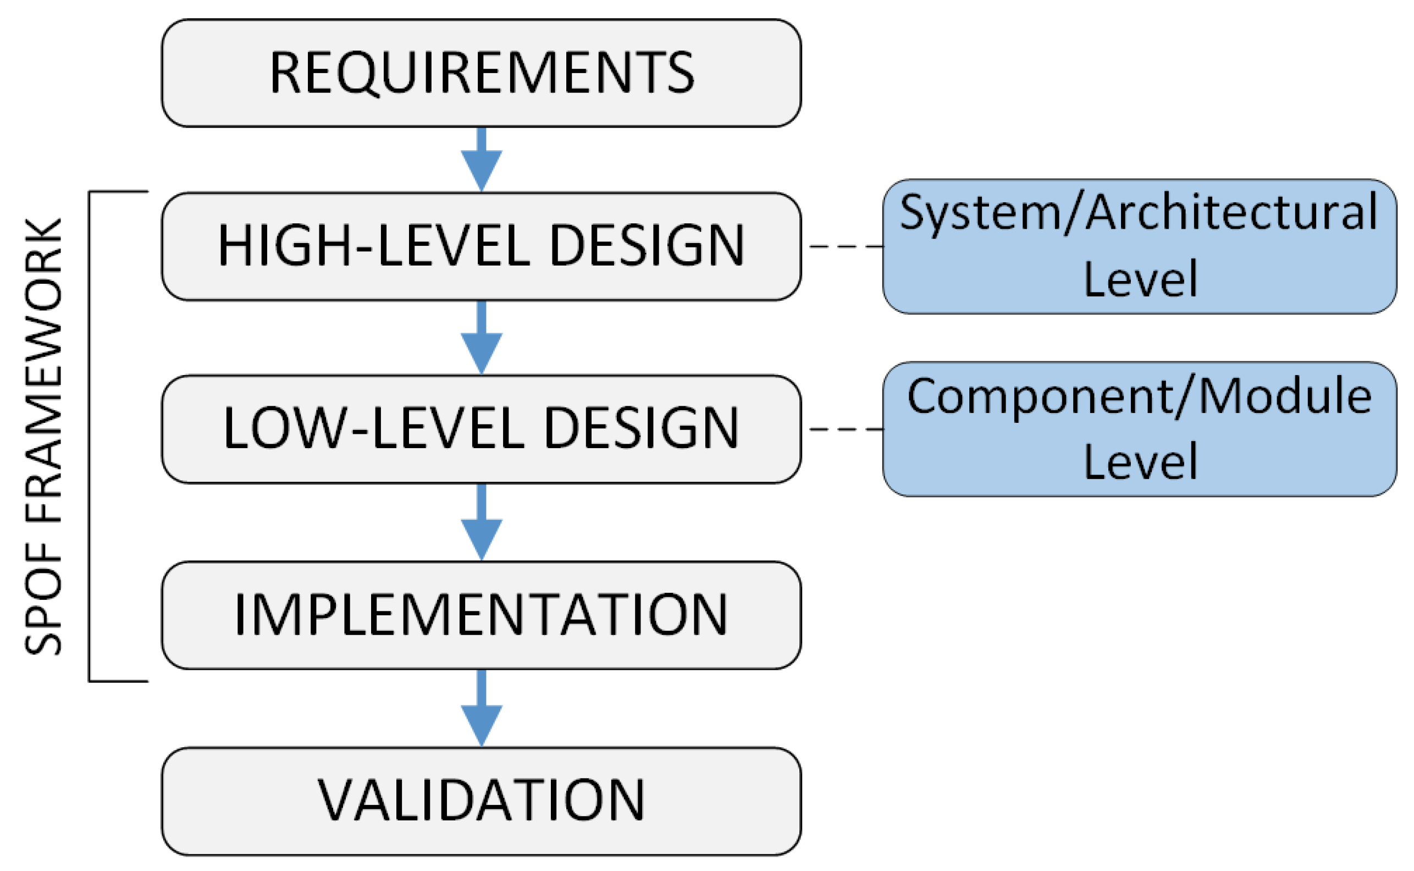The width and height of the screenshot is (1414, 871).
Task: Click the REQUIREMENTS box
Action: point(481,73)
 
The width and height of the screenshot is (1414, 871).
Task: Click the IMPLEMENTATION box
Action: point(481,615)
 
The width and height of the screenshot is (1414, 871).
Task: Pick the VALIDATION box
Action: point(481,801)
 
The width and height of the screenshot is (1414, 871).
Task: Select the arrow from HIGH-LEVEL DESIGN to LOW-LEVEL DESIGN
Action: point(482,340)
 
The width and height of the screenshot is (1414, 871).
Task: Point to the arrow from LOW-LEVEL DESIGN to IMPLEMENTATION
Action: point(482,523)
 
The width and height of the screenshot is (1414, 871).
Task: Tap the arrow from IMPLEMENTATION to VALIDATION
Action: point(482,709)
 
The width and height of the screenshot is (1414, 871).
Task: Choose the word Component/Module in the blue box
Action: point(1139,397)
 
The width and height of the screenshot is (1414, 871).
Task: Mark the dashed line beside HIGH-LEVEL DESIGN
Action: point(845,246)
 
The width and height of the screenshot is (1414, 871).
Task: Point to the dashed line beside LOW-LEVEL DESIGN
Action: point(845,429)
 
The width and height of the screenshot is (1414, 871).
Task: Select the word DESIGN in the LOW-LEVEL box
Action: point(641,429)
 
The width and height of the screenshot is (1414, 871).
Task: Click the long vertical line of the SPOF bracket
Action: point(89,436)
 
